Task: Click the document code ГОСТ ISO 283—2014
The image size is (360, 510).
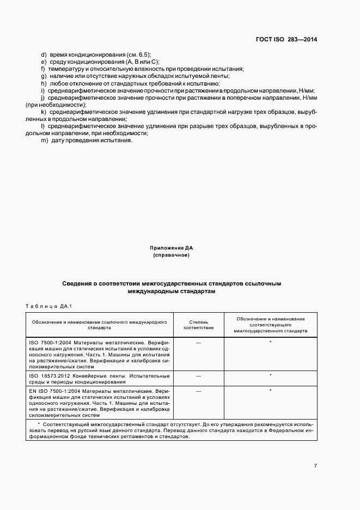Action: [x=287, y=39]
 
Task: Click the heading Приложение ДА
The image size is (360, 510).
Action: [x=172, y=248]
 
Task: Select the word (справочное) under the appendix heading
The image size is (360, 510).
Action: [x=172, y=255]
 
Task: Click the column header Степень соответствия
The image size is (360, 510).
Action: [x=198, y=325]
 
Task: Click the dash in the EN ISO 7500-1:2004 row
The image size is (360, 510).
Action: [x=198, y=391]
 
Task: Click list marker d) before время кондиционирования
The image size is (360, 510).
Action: [x=44, y=55]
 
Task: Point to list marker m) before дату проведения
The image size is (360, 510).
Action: [x=44, y=141]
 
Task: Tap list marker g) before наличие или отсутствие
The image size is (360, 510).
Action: [x=44, y=76]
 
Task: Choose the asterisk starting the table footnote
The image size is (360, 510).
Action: [x=39, y=423]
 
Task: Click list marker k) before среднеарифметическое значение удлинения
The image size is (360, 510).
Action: [x=44, y=112]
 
